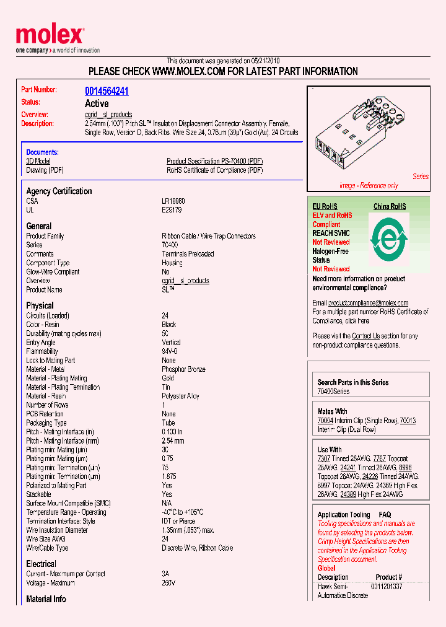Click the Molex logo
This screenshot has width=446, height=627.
point(50,37)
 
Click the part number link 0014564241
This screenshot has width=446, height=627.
point(107,91)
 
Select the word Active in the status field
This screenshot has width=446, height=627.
point(97,103)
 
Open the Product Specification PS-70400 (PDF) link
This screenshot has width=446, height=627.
point(214,161)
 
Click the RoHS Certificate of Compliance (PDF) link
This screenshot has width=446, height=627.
point(214,170)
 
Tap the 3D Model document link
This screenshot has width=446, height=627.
point(38,161)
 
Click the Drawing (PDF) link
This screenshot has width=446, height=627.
point(45,170)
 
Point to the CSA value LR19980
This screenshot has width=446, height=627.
point(173,201)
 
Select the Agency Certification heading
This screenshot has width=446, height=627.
point(59,191)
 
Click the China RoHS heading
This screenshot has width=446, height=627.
point(390,206)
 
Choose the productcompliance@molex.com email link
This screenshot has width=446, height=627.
point(368,303)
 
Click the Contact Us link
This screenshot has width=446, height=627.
point(365,336)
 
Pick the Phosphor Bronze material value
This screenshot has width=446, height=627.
point(183,369)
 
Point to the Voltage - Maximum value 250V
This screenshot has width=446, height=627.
point(168,583)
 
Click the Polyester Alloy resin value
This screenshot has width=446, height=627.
point(180,396)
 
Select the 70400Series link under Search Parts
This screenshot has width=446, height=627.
point(333,392)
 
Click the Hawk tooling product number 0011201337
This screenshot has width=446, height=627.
point(387,587)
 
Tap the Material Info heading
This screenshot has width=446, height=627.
point(46,599)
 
